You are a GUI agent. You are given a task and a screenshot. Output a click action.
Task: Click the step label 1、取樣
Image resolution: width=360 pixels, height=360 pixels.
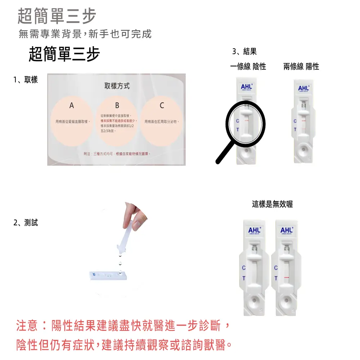click(x=26, y=80)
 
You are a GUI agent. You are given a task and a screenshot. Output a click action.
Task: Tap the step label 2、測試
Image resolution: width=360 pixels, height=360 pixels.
click(x=26, y=223)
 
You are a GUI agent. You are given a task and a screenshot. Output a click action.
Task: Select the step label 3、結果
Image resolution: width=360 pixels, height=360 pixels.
click(x=244, y=52)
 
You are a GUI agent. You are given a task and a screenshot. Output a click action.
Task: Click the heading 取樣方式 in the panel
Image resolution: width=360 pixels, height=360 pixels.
click(x=117, y=86)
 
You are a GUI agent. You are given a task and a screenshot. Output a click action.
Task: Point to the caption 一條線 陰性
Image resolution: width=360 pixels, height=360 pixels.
click(x=248, y=67)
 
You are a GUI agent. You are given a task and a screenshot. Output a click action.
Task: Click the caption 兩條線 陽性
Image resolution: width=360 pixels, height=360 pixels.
click(x=301, y=67)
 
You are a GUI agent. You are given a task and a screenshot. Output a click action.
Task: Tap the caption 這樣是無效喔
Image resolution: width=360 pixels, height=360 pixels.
click(x=272, y=204)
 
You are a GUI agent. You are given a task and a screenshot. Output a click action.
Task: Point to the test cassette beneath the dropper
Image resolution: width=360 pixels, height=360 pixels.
click(x=108, y=276)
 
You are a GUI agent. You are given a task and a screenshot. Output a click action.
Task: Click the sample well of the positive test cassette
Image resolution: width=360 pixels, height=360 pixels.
click(x=303, y=149)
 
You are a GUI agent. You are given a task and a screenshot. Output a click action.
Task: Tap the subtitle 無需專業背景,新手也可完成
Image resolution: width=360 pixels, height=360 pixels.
click(x=85, y=34)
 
